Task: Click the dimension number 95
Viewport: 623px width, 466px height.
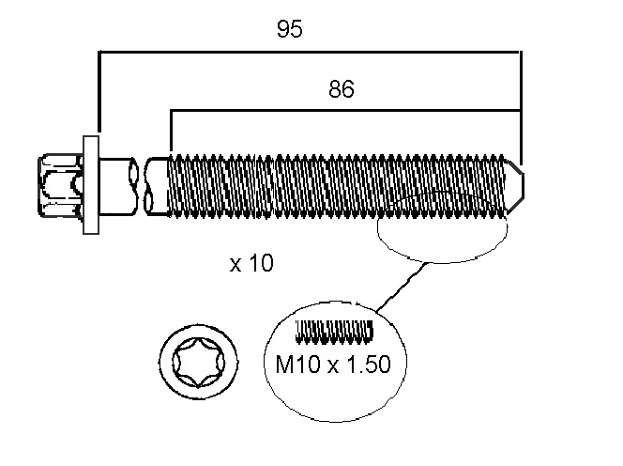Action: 290,28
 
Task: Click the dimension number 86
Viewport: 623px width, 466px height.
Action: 342,88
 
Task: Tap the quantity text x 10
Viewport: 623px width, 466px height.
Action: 251,263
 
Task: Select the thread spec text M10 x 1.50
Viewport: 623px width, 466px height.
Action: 333,364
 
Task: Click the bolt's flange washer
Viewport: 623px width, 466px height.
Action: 91,185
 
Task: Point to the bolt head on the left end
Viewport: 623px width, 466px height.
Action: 61,185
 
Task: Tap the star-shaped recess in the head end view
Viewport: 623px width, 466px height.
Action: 199,363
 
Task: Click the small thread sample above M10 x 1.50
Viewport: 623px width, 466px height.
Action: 335,332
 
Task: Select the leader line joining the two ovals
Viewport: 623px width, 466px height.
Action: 401,287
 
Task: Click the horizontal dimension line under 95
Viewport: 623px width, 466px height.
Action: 309,52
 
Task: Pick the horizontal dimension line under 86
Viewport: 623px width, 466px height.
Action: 345,110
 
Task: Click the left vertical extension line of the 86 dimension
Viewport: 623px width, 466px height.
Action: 171,131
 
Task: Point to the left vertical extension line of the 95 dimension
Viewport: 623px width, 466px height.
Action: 99,91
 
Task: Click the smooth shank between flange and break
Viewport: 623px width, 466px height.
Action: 115,185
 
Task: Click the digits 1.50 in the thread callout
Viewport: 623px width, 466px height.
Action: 369,364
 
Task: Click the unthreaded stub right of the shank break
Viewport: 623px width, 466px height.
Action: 158,186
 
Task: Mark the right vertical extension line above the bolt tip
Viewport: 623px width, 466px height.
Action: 521,108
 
